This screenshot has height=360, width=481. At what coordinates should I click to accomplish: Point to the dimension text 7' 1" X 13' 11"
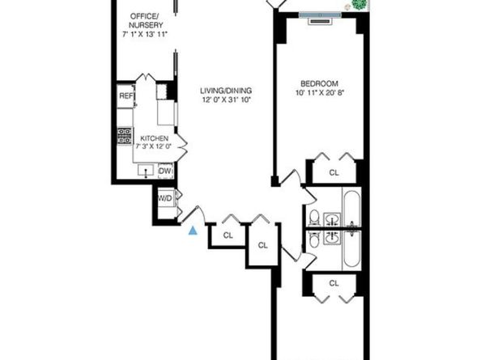[144, 35]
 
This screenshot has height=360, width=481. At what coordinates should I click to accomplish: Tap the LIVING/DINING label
[220, 91]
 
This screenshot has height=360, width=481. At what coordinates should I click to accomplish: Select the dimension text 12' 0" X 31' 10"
[220, 101]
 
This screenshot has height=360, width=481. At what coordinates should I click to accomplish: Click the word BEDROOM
[319, 83]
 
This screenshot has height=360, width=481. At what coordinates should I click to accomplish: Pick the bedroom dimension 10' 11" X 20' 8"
[319, 94]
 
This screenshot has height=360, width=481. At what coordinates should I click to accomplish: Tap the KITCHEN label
[154, 138]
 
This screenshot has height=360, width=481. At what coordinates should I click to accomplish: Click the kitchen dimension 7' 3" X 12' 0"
[153, 146]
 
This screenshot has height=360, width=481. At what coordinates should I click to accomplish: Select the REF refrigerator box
[126, 96]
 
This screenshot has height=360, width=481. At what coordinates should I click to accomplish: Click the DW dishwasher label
[165, 170]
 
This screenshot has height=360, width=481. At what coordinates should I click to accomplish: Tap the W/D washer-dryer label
[164, 197]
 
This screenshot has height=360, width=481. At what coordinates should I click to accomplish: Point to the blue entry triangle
[193, 231]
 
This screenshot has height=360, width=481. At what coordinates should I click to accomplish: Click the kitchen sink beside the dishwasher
[145, 170]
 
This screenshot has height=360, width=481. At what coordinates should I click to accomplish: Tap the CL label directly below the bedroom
[334, 172]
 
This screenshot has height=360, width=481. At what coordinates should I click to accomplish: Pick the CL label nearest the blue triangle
[228, 235]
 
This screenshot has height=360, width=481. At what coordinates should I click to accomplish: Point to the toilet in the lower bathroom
[314, 240]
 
